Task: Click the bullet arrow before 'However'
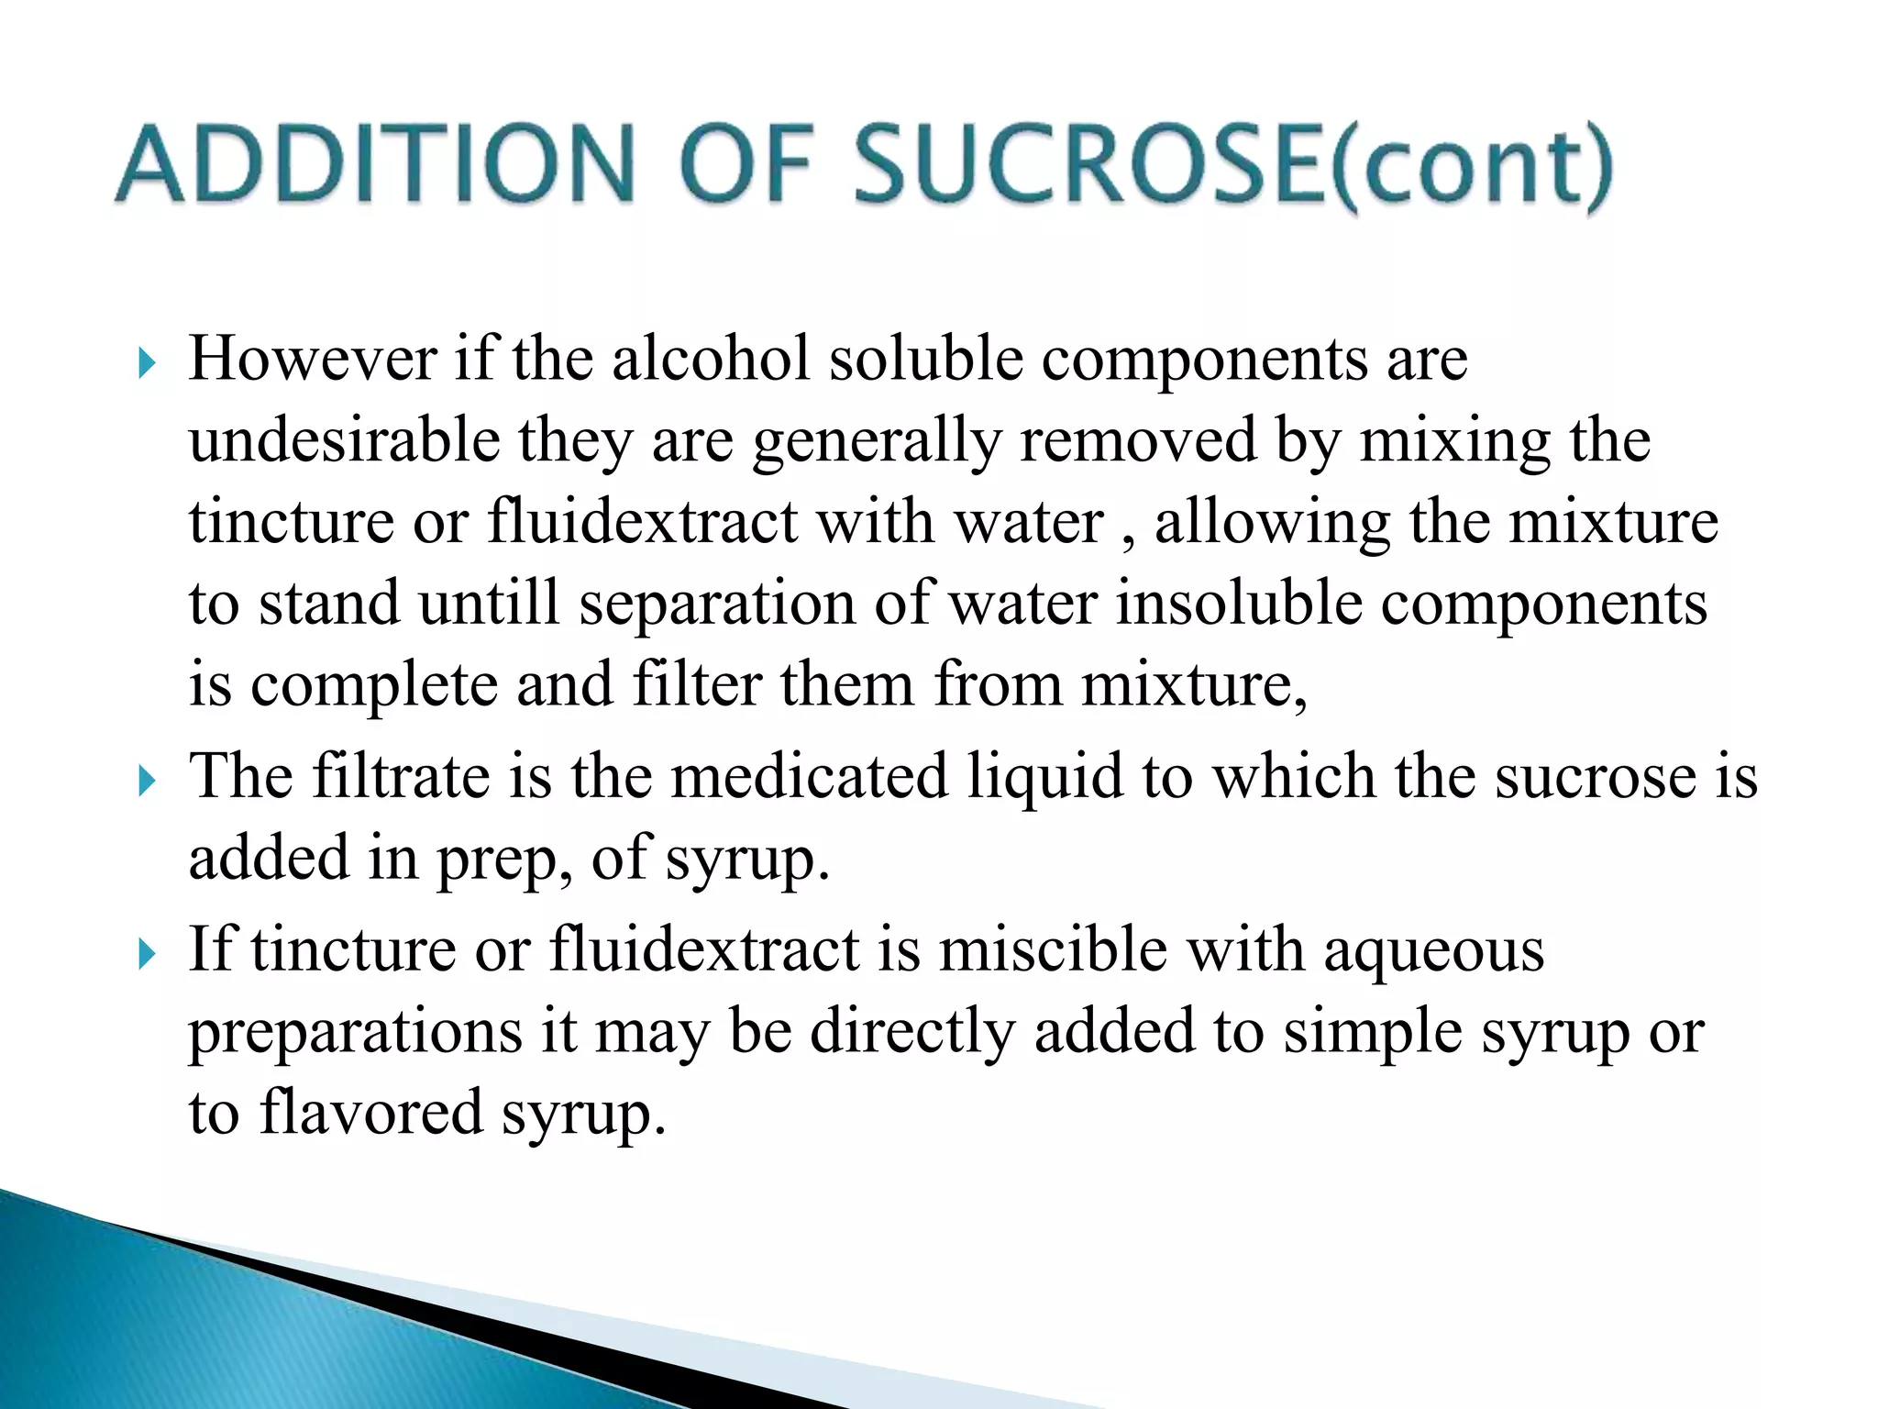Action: (x=147, y=364)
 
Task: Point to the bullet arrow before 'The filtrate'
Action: (x=147, y=782)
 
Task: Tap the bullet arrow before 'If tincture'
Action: (x=147, y=955)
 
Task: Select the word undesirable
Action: (x=344, y=440)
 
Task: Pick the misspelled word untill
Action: (x=488, y=604)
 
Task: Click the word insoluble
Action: (x=1238, y=604)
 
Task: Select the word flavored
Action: (x=370, y=1112)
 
